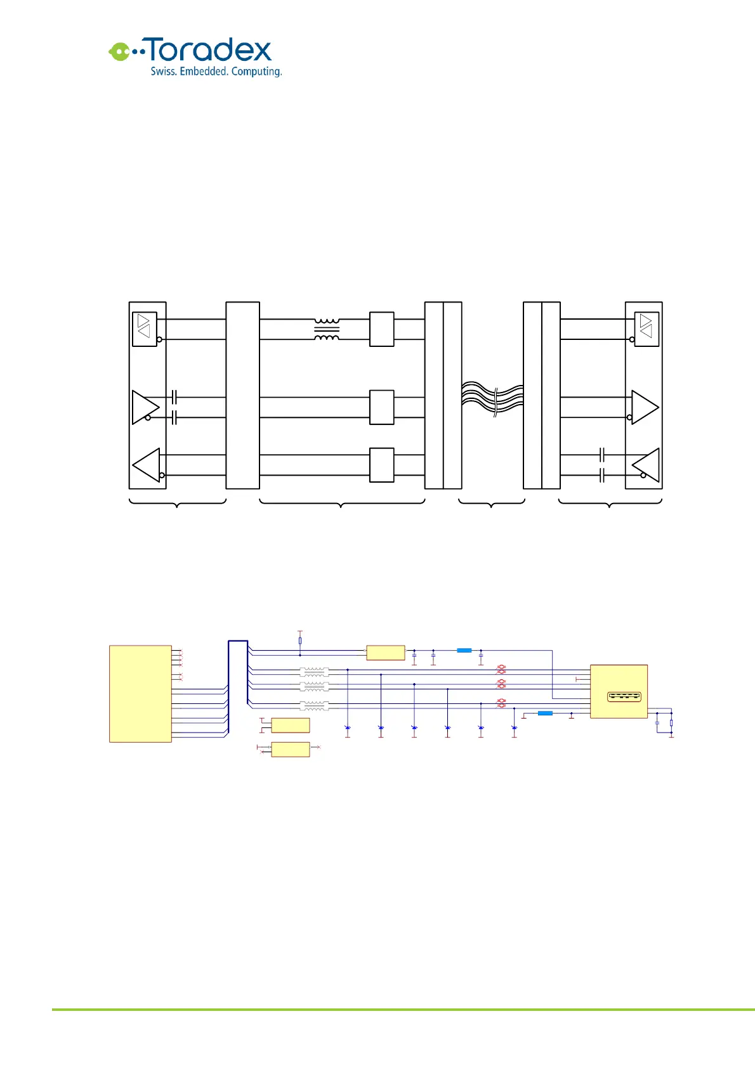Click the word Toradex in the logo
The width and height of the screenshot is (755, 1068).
coord(210,50)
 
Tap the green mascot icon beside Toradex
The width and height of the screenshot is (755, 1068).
coord(119,51)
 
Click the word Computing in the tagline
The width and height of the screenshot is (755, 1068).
coord(256,72)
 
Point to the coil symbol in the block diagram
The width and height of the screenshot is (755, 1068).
coord(327,329)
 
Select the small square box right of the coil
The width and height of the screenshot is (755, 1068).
coord(381,329)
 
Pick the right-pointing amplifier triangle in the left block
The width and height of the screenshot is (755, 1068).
coord(145,407)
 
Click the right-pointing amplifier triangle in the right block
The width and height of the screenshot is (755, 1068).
coord(645,407)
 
